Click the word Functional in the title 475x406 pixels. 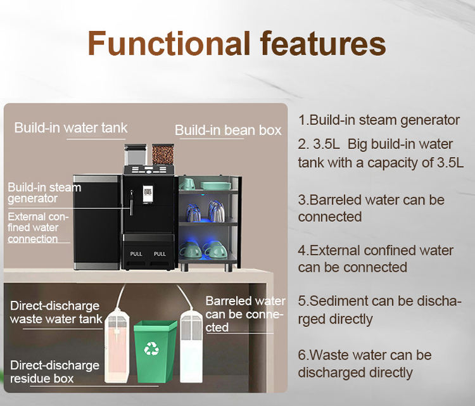tap(169, 43)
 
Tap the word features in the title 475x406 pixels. tap(323, 43)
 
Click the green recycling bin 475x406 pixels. tap(155, 352)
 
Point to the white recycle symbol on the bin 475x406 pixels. tap(151, 348)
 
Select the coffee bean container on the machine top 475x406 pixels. tap(163, 155)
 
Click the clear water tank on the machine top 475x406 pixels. tap(136, 155)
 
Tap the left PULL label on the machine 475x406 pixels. tap(136, 254)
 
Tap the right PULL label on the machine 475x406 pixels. tap(160, 254)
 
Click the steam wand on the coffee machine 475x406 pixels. tap(132, 203)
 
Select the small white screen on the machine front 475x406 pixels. tap(148, 194)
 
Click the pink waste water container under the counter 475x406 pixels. tap(117, 345)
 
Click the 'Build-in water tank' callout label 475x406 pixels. tap(71, 127)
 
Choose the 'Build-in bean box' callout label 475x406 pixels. tap(228, 130)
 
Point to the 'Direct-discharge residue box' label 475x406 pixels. tap(54, 372)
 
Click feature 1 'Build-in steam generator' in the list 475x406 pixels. tap(379, 120)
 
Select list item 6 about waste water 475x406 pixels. tap(365, 364)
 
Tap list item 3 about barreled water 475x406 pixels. tap(371, 208)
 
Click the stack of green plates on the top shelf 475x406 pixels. tap(215, 186)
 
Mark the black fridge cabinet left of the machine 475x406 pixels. tap(98, 222)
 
